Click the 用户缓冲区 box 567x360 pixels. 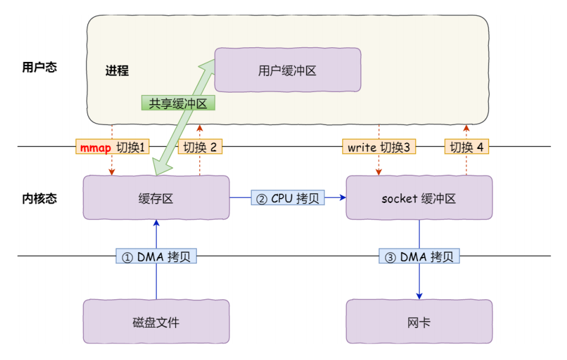tap(287, 71)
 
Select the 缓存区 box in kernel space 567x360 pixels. tap(156, 197)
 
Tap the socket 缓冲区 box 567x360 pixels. tap(419, 197)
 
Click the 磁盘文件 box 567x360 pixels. tap(156, 321)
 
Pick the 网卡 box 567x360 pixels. tap(419, 321)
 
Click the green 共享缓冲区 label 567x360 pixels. tap(178, 103)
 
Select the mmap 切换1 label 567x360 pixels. tap(112, 147)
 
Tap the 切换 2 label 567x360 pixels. tap(200, 147)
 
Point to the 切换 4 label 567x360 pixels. tap(466, 147)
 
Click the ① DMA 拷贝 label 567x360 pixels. tap(156, 256)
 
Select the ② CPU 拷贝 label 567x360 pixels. tap(287, 197)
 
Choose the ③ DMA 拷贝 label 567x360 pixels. tap(419, 256)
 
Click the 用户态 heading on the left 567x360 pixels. tap(39, 67)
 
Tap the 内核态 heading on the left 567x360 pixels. tap(39, 198)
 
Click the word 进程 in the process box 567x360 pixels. tap(116, 71)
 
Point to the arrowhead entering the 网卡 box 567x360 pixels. tap(419, 296)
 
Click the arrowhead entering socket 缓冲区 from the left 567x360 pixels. tap(343, 197)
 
